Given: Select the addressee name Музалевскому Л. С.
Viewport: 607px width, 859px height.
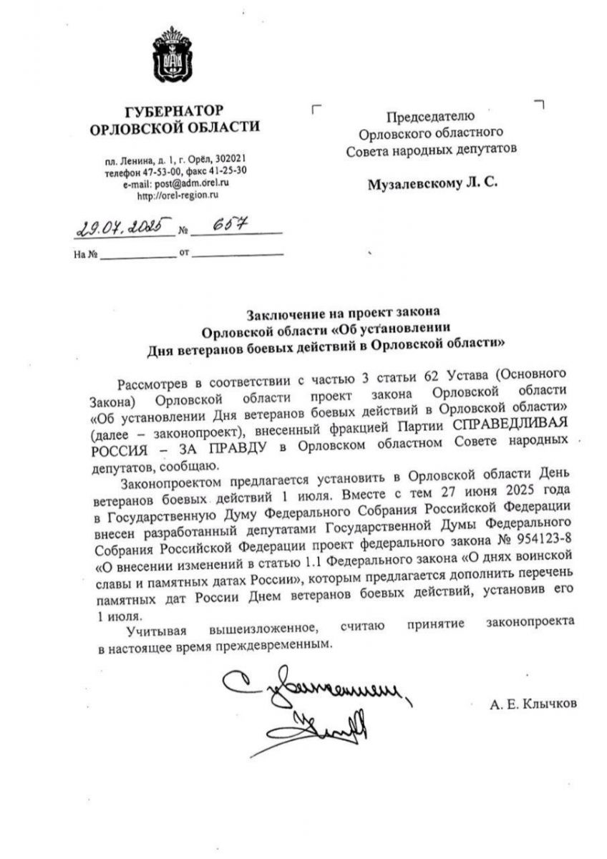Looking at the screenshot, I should coord(432,183).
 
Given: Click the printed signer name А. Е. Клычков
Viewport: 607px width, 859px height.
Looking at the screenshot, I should coord(533,704).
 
